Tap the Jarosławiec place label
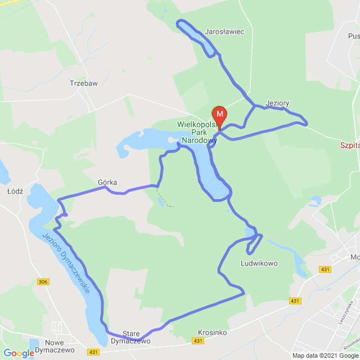pyautogui.click(x=225, y=32)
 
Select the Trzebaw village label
pyautogui.click(x=83, y=83)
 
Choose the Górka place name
pyautogui.click(x=107, y=182)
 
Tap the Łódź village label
pyautogui.click(x=15, y=191)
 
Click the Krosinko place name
pyautogui.click(x=213, y=332)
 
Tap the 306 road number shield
pyautogui.click(x=43, y=281)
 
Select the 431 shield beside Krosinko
pyautogui.click(x=197, y=341)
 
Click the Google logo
pyautogui.click(x=18, y=353)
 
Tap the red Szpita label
pyautogui.click(x=349, y=145)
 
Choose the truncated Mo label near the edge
pyautogui.click(x=354, y=257)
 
